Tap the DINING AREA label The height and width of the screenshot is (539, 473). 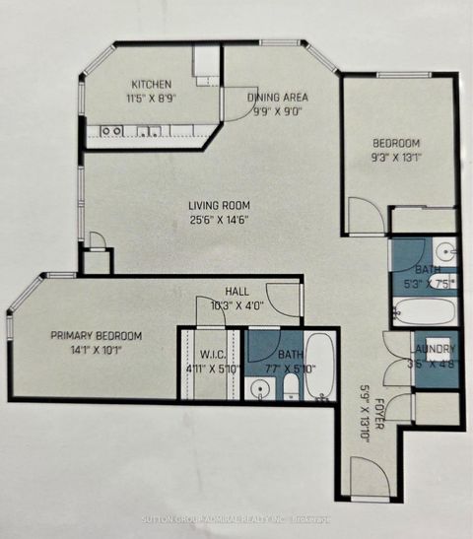coord(279,97)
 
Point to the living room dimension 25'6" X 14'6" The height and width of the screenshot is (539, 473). coord(216,219)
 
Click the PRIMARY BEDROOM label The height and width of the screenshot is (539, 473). coord(97,336)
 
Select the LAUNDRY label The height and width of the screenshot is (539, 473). coord(433,349)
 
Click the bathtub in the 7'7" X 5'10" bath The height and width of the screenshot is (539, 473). coord(320,367)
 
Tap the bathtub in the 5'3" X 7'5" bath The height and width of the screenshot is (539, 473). coord(423,312)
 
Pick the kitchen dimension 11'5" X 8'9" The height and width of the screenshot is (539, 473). coord(152,99)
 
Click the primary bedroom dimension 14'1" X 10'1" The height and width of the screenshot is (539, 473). coord(97,349)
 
